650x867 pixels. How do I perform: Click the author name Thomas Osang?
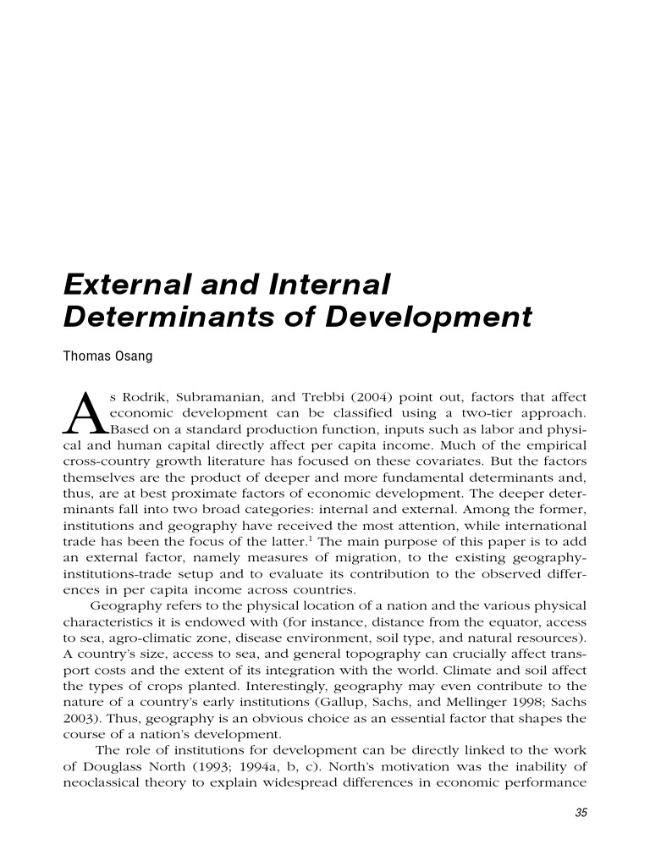pyautogui.click(x=107, y=357)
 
